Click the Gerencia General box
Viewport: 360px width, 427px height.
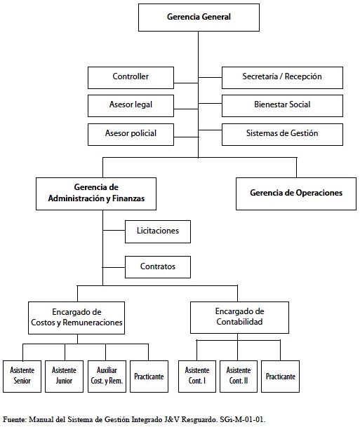[199, 18]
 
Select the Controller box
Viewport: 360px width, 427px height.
[131, 78]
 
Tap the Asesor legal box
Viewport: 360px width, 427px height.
[131, 106]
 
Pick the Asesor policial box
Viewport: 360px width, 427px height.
[131, 135]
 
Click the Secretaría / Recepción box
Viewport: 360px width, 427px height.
[282, 78]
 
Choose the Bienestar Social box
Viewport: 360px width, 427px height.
[282, 106]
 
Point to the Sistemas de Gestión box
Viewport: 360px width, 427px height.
[282, 135]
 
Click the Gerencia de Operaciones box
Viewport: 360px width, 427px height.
[296, 194]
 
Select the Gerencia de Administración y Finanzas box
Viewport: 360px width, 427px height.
[96, 194]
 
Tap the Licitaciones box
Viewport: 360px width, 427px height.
[158, 232]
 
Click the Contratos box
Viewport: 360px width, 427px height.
[158, 267]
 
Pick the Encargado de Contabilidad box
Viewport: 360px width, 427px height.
[239, 318]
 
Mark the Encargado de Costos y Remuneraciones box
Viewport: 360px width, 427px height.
[76, 318]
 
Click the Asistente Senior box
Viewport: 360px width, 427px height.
[22, 377]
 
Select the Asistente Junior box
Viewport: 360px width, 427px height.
[64, 377]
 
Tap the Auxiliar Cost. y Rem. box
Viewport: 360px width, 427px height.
[107, 377]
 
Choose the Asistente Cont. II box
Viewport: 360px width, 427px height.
[239, 377]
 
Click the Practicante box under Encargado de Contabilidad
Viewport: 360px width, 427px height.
[281, 377]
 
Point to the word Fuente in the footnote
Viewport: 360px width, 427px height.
[14, 419]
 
